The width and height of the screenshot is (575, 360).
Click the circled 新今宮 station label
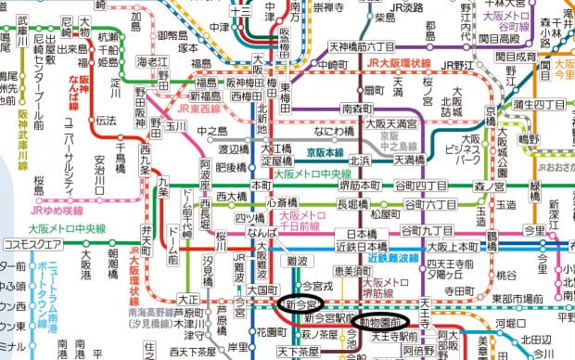(302, 302)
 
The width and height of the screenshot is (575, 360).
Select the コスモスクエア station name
(32, 245)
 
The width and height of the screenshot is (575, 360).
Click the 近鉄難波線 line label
(397, 257)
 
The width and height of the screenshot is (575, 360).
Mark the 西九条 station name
(147, 159)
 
